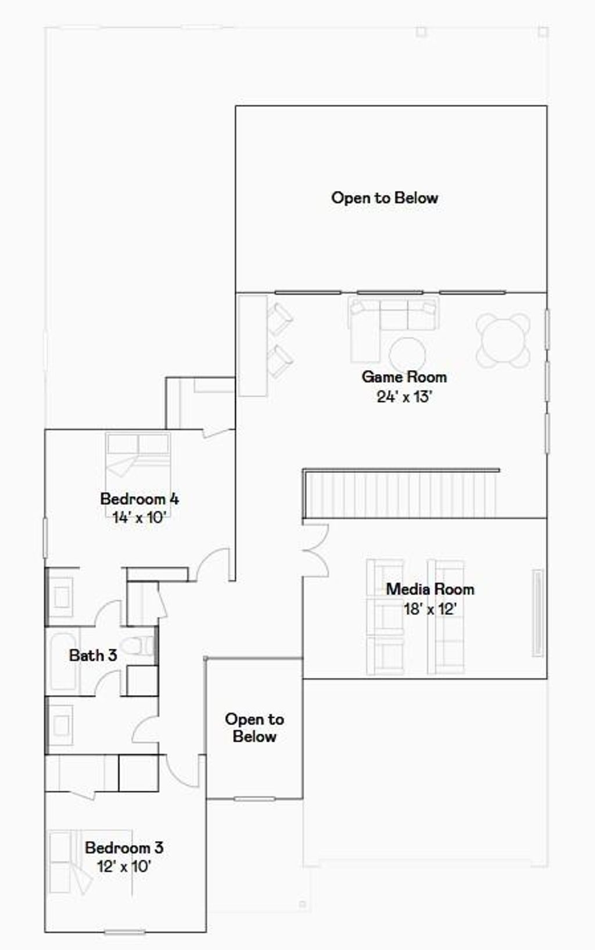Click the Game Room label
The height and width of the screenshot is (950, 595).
click(404, 377)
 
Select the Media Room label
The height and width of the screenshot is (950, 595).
click(430, 589)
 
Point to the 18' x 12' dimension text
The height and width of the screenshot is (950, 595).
click(430, 609)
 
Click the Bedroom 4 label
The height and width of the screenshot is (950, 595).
click(139, 499)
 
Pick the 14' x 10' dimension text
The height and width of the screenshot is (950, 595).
click(139, 517)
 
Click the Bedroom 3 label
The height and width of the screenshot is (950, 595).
click(124, 848)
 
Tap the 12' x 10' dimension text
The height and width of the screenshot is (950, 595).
click(124, 866)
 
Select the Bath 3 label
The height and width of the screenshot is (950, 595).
click(93, 656)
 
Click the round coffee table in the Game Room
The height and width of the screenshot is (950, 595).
click(407, 354)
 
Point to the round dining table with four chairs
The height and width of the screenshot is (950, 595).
click(503, 340)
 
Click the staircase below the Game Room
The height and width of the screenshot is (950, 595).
click(401, 494)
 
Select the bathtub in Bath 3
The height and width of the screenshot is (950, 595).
click(63, 661)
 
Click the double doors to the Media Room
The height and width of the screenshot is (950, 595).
click(314, 550)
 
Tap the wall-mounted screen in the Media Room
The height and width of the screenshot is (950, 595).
click(538, 613)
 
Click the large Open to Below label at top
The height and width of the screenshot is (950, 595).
click(385, 198)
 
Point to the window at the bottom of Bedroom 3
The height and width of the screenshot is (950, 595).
click(124, 933)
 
